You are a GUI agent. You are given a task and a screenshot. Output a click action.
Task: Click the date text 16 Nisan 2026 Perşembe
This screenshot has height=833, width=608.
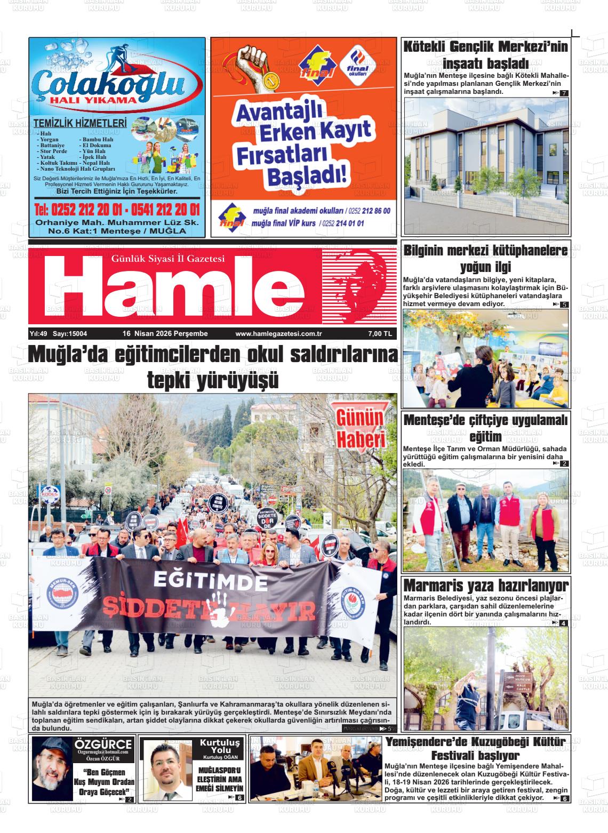click(165, 334)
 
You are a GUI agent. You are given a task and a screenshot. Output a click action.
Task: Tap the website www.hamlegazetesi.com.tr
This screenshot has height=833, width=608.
click(275, 334)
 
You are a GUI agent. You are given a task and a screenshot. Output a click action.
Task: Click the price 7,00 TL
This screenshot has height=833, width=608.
click(380, 334)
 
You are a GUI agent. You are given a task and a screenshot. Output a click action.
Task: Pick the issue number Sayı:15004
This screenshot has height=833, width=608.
click(70, 334)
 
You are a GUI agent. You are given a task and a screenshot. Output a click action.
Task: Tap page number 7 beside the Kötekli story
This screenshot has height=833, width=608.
click(563, 93)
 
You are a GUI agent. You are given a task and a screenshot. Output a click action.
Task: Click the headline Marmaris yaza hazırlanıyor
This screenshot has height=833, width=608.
click(486, 585)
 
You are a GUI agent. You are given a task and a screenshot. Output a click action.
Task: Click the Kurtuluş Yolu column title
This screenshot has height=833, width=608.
click(220, 747)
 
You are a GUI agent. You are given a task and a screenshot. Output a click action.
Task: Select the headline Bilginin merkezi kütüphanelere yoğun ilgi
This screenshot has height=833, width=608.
click(485, 258)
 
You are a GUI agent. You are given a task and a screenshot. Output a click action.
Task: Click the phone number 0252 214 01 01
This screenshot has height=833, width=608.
click(342, 223)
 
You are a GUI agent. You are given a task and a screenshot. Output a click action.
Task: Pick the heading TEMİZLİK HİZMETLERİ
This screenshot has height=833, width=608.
click(80, 124)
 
